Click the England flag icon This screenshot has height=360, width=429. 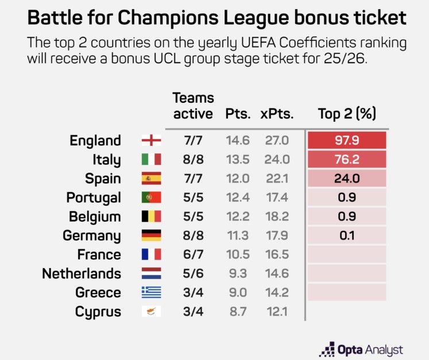[151, 141]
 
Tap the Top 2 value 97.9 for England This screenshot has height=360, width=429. [346, 141]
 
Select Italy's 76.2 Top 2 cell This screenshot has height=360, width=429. [346, 160]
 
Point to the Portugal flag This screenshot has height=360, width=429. [151, 198]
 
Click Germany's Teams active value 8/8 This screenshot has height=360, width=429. [193, 235]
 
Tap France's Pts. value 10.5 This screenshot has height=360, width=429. [238, 254]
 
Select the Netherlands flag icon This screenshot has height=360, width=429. [151, 273]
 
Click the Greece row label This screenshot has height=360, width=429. [98, 292]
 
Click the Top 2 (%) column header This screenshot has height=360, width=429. [347, 114]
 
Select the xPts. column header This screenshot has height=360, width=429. [277, 114]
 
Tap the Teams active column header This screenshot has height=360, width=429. [193, 106]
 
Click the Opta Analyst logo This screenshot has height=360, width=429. [361, 349]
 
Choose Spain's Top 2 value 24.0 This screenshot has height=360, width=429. [346, 179]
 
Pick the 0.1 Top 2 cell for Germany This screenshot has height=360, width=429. [346, 235]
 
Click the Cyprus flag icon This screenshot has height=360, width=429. [151, 312]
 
